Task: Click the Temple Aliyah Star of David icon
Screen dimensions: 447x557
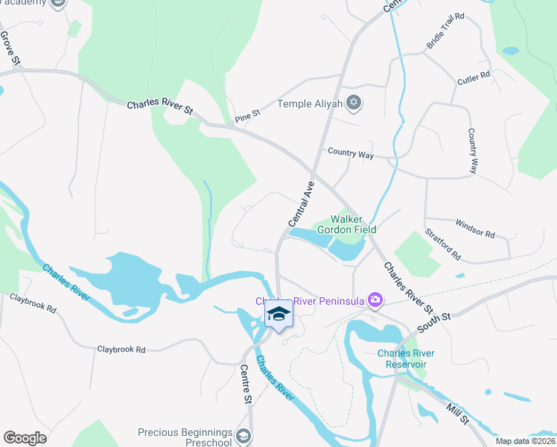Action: (354, 104)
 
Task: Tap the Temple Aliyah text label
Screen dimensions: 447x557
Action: (311, 104)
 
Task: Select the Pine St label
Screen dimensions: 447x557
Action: (246, 115)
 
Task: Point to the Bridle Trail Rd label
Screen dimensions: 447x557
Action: (445, 31)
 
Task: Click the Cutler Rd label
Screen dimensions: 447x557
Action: (474, 77)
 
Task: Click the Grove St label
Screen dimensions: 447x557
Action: (7, 46)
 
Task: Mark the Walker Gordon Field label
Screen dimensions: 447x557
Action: (347, 224)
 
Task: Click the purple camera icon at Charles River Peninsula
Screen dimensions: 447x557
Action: (375, 300)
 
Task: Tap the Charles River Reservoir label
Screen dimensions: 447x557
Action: (406, 358)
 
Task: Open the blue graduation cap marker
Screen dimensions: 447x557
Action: (278, 314)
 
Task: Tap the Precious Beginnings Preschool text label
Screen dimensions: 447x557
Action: (185, 437)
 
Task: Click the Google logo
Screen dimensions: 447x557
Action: (25, 437)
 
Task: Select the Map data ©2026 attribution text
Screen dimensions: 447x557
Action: (525, 441)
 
